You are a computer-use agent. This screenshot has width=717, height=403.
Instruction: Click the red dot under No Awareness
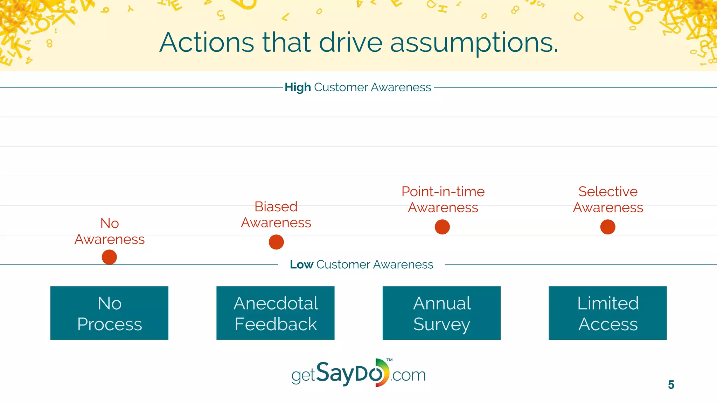click(109, 257)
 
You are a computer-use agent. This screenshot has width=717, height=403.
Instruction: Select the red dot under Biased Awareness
click(276, 242)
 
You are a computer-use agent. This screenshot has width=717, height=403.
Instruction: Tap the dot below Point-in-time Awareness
click(442, 227)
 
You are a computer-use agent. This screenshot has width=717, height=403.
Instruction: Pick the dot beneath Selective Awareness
click(608, 227)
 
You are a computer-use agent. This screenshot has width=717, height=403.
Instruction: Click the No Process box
click(109, 313)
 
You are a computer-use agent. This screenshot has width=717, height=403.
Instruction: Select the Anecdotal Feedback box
click(276, 313)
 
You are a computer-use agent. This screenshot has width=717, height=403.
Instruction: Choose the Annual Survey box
click(441, 313)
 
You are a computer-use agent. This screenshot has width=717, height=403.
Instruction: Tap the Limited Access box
click(608, 313)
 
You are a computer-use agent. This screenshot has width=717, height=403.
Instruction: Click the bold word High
click(298, 87)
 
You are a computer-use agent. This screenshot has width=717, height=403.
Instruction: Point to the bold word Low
click(301, 264)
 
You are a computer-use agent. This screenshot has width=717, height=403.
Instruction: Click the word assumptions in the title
click(474, 43)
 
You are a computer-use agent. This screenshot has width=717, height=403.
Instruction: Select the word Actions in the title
click(207, 43)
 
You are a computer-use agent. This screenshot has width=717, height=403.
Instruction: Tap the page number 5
click(671, 385)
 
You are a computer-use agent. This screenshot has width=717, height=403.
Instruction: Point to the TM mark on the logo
click(390, 360)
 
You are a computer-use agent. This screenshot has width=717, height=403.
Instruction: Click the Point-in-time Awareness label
click(443, 199)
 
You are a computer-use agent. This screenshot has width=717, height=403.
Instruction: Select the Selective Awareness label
click(608, 199)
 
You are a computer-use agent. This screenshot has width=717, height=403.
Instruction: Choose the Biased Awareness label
click(276, 214)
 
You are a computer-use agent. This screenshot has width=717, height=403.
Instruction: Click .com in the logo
click(408, 375)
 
